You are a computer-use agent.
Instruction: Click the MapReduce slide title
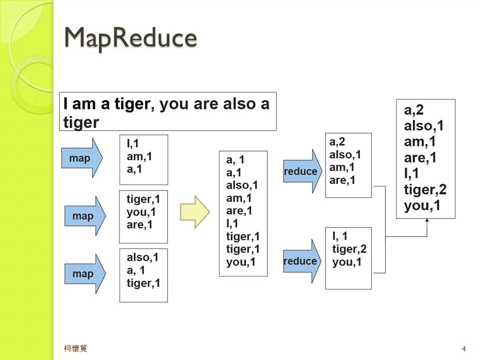130,38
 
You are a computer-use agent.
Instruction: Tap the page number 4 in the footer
464,348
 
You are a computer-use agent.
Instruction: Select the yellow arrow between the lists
194,212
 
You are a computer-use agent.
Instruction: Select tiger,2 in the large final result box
425,190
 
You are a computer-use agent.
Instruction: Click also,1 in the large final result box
423,126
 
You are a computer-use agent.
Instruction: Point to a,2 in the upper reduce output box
337,142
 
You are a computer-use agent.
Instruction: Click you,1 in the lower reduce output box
346,262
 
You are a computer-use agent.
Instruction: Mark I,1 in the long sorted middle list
232,223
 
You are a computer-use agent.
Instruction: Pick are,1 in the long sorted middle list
239,210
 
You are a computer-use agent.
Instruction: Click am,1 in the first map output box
139,156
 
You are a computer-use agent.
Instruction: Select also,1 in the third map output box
142,257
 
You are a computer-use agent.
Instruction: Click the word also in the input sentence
239,104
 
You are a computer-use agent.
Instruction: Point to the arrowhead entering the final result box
426,221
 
